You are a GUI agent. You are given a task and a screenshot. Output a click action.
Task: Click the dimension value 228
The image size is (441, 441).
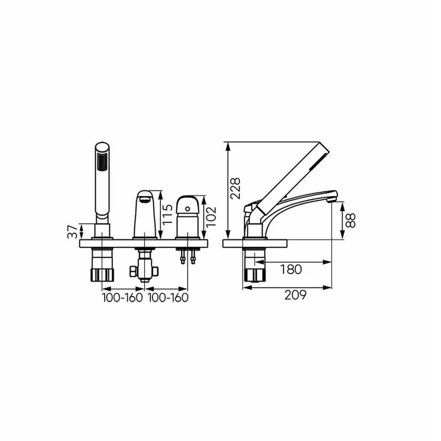[235, 188]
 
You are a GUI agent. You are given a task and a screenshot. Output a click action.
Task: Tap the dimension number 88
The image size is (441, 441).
[351, 220]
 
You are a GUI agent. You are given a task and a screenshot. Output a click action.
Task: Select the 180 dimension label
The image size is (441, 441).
[291, 269]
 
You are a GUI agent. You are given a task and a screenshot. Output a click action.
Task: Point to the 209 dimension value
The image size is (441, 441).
[295, 295]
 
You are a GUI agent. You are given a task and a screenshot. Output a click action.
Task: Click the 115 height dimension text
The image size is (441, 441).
[168, 214]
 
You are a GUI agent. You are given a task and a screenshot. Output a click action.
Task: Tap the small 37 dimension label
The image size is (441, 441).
[72, 232]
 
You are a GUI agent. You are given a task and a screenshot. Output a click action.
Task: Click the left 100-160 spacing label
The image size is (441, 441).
[122, 298]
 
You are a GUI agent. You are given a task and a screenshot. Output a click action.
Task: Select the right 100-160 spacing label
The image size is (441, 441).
[168, 298]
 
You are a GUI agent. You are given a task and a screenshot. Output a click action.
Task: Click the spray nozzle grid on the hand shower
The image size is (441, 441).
[102, 162]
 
